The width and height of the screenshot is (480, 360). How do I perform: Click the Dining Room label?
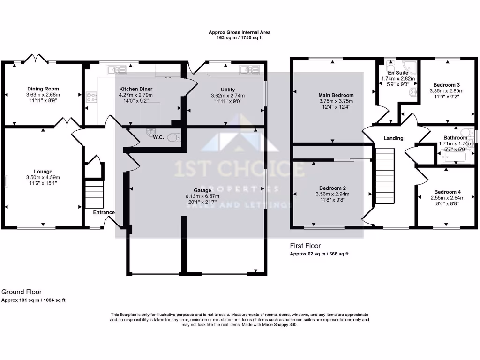click(x=43, y=89)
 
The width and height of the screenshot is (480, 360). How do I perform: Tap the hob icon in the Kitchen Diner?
click(x=91, y=97)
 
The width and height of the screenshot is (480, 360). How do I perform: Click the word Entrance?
click(x=104, y=212)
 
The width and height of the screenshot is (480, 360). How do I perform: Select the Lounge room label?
click(x=43, y=172)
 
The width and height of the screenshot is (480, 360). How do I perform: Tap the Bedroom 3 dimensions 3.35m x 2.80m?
click(x=446, y=91)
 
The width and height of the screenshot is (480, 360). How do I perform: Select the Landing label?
click(x=393, y=138)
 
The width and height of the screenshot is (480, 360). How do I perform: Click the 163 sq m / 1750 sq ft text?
click(x=240, y=38)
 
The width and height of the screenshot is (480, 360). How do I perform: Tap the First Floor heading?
click(x=305, y=246)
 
